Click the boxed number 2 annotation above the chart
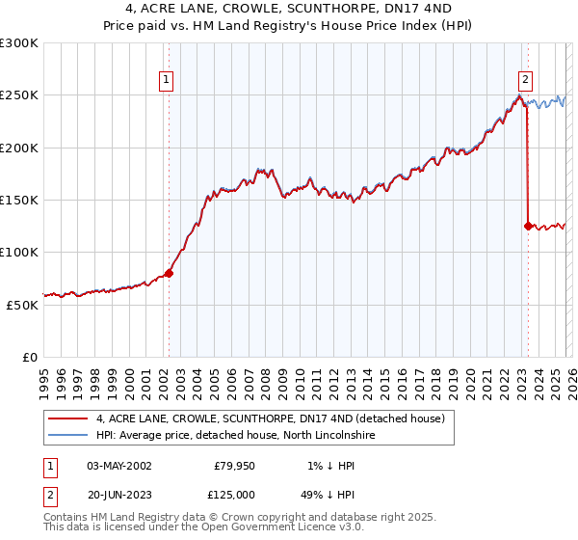pyautogui.click(x=526, y=80)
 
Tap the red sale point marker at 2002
pyautogui.click(x=169, y=273)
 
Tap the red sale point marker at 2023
pyautogui.click(x=528, y=226)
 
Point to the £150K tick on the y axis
pyautogui.click(x=20, y=201)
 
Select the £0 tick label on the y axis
pyautogui.click(x=30, y=357)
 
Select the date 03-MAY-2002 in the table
pyautogui.click(x=119, y=466)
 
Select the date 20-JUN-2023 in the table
pyautogui.click(x=119, y=494)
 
